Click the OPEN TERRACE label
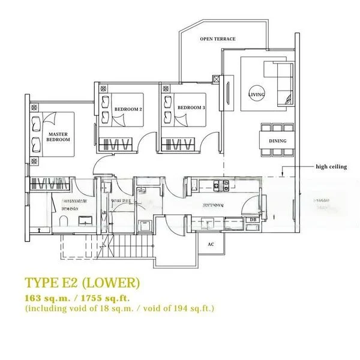tap(218, 39)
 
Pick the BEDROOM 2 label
tap(128, 109)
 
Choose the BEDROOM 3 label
tap(191, 108)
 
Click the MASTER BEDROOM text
tap(58, 137)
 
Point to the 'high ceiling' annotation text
tap(331, 167)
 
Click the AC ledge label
tap(211, 244)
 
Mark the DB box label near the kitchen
tap(253, 220)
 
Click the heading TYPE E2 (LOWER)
tap(82, 283)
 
